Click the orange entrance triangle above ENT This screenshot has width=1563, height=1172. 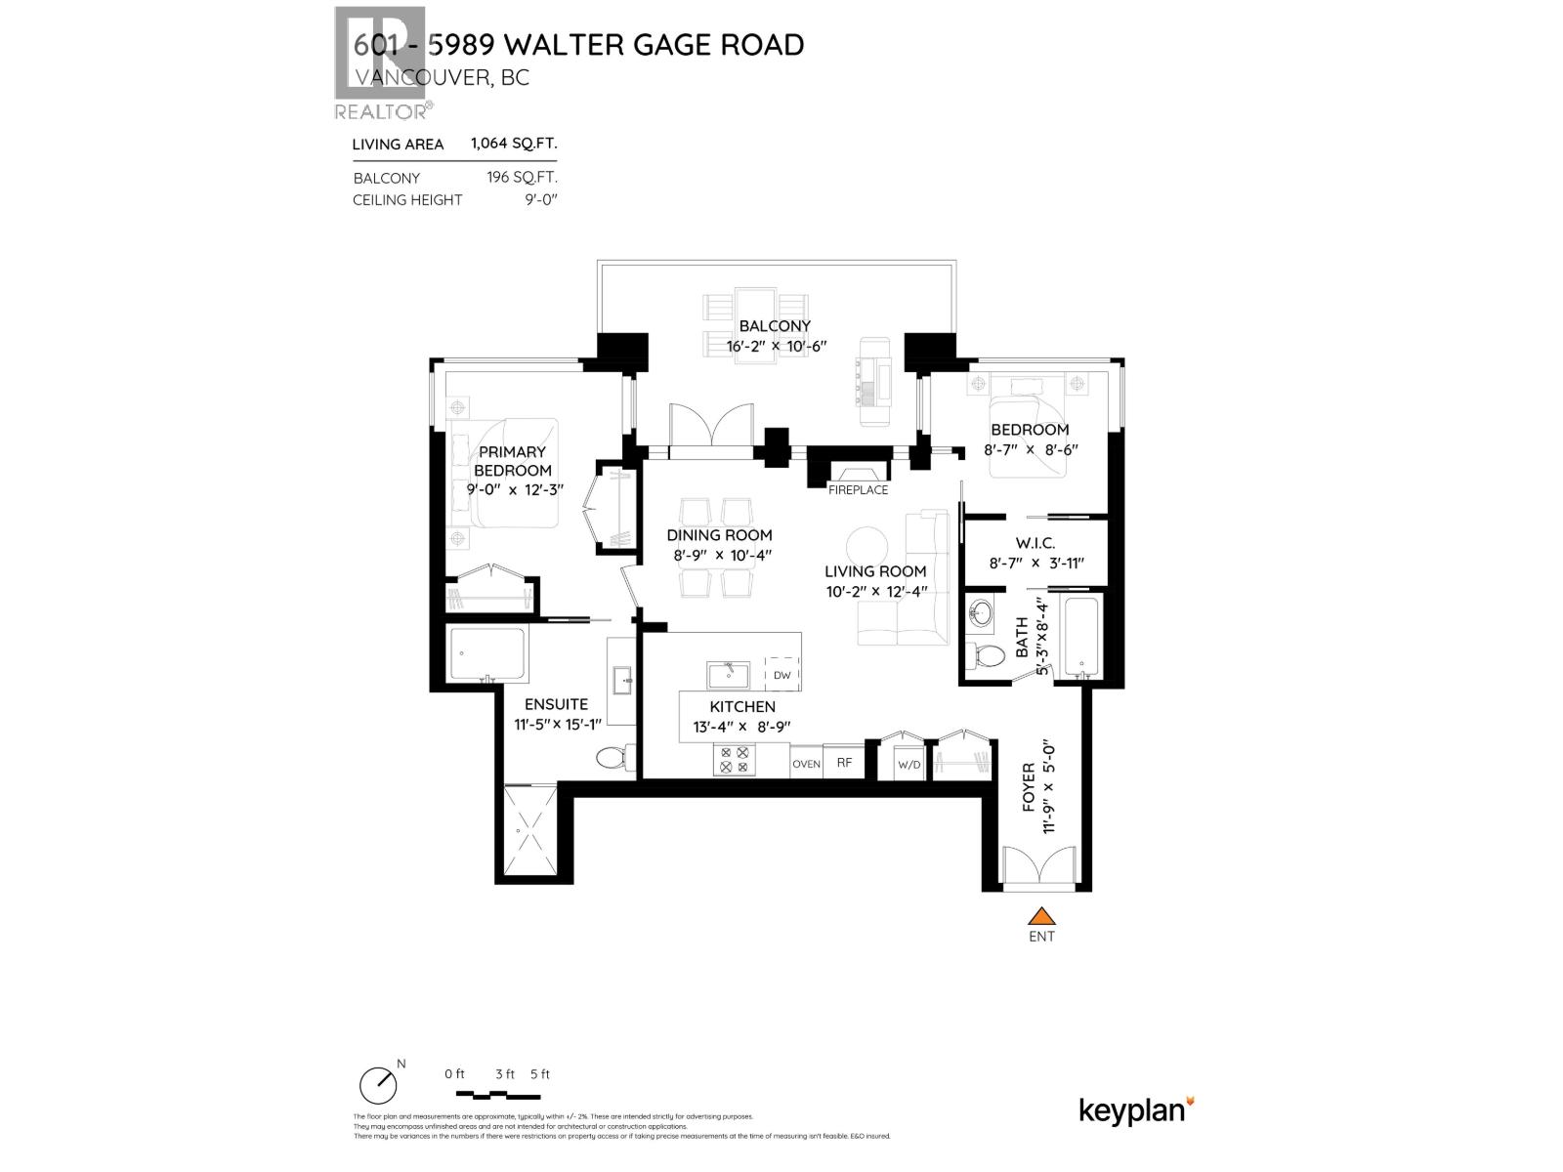pyautogui.click(x=1042, y=916)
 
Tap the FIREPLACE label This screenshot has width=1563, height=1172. pyautogui.click(x=858, y=490)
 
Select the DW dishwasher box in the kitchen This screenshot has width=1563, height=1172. pyautogui.click(x=781, y=675)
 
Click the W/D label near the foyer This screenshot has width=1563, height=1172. pyautogui.click(x=908, y=765)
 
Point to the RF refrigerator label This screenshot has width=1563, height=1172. pyautogui.click(x=844, y=764)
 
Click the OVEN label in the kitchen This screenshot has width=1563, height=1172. pyautogui.click(x=806, y=764)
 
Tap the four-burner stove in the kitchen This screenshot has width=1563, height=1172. pyautogui.click(x=734, y=760)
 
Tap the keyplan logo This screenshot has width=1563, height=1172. pyautogui.click(x=1136, y=1110)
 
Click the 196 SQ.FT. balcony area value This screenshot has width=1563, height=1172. pyautogui.click(x=522, y=178)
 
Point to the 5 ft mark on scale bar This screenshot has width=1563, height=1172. pyautogui.click(x=539, y=1074)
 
